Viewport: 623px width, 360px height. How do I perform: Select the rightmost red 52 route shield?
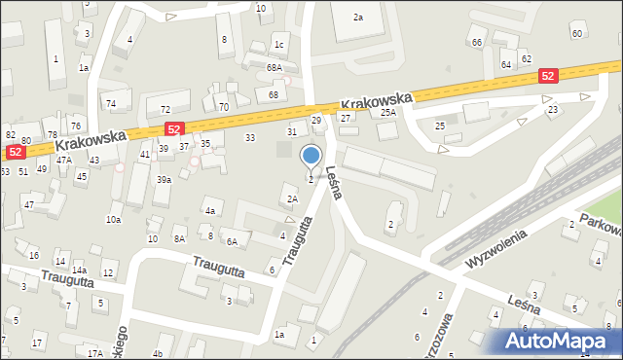[548, 76]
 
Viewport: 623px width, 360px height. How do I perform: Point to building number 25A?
[388, 113]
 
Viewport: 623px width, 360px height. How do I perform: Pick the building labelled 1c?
[279, 45]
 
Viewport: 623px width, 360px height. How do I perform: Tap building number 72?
[165, 109]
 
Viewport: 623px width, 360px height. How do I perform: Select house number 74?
[111, 104]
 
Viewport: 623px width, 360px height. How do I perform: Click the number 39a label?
[165, 179]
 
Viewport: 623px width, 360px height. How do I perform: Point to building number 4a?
[209, 210]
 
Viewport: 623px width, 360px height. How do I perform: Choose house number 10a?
[114, 220]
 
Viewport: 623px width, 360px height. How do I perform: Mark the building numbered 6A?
[232, 241]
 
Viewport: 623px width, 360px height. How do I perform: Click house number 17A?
[95, 353]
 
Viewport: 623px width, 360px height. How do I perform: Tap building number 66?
[477, 43]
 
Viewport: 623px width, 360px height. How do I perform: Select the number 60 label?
[577, 34]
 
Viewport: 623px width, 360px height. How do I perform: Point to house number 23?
[553, 110]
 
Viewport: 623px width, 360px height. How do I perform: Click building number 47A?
[64, 160]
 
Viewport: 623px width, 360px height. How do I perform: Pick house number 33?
[250, 137]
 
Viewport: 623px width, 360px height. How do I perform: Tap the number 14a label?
[79, 270]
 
